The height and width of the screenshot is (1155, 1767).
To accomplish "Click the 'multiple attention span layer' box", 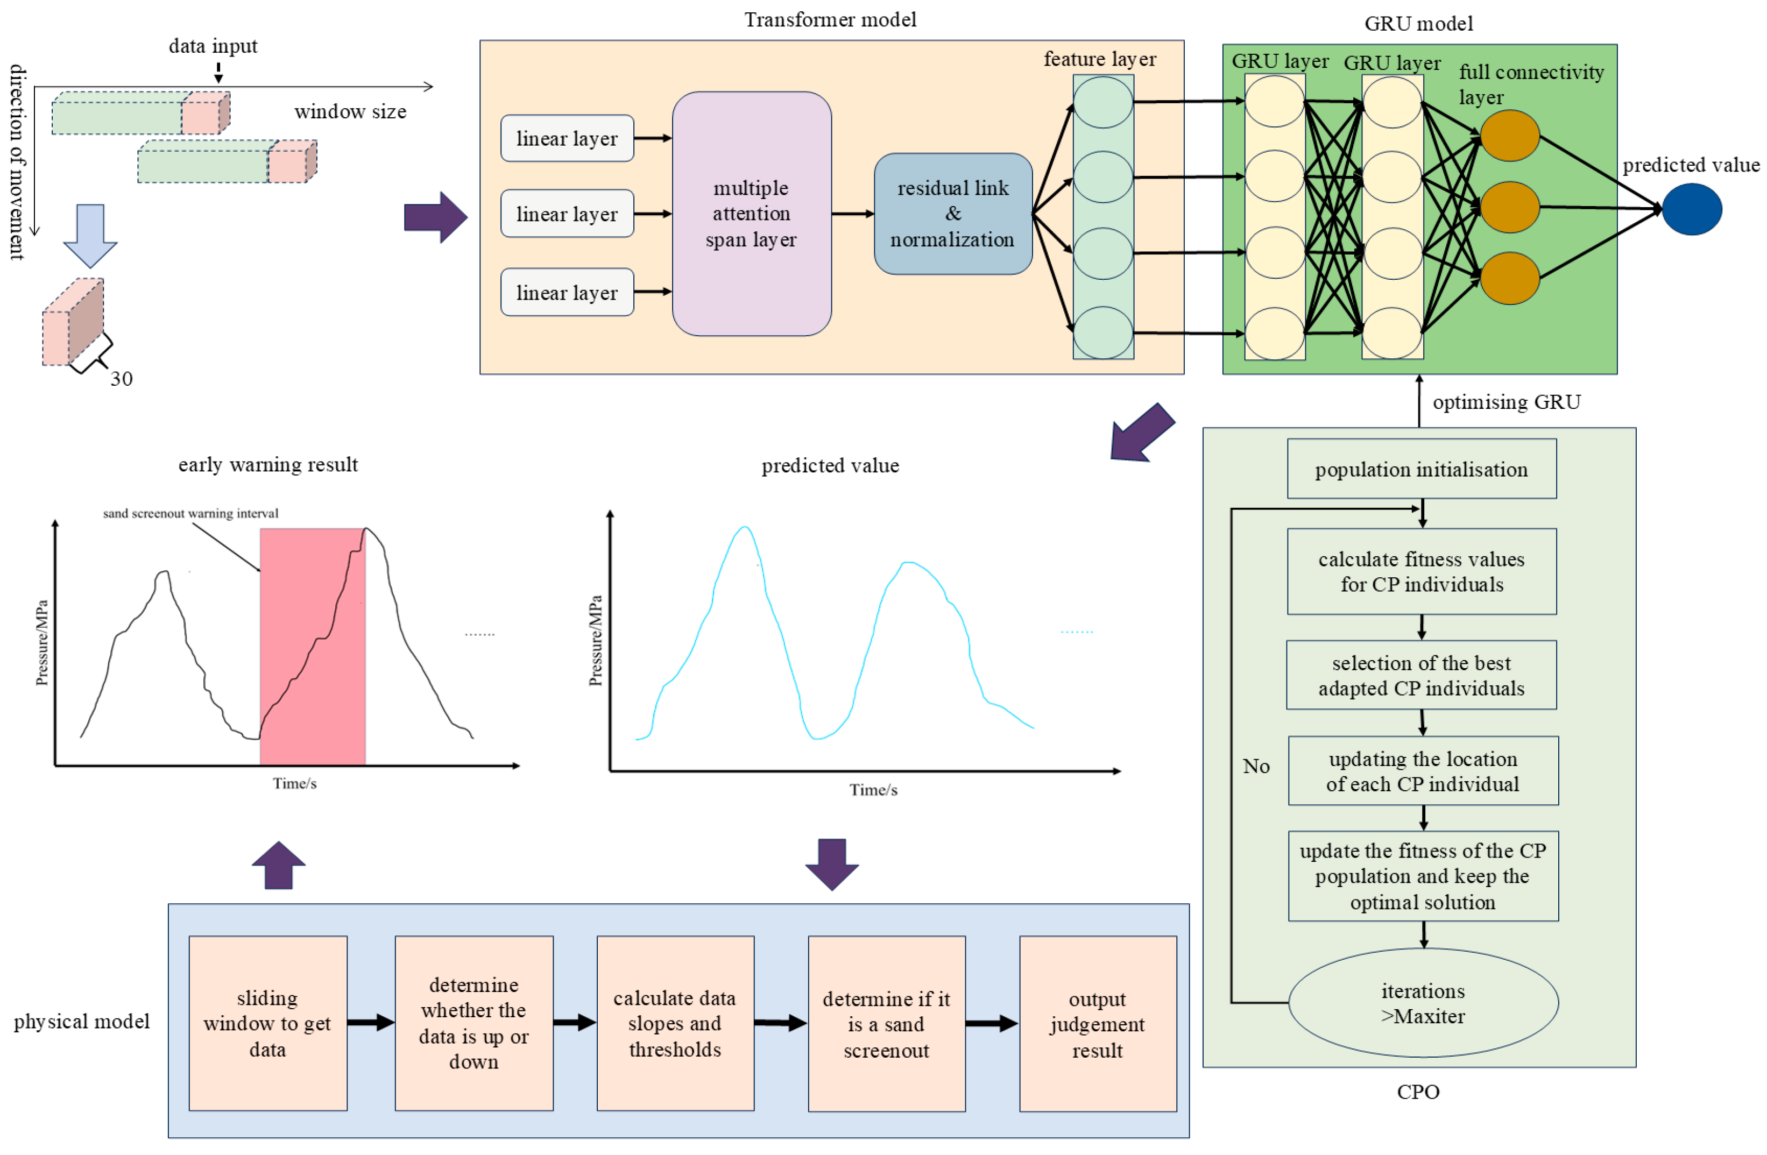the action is pos(751,214).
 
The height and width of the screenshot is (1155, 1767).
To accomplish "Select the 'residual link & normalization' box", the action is pos(953,214).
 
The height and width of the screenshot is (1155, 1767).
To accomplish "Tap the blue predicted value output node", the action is pos(1692,209).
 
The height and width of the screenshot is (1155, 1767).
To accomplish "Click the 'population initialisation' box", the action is pos(1422,469).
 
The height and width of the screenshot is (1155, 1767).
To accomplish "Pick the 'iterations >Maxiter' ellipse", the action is pos(1423,1003).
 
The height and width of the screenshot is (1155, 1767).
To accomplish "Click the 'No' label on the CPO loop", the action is pos(1256,766).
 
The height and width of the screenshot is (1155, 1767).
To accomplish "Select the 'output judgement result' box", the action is pos(1098,1024).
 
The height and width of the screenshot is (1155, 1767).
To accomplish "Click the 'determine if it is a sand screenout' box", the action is pos(887,1024).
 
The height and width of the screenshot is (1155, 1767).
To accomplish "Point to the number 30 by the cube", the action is pos(122,379).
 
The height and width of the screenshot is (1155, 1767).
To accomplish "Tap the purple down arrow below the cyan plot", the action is pos(832,864).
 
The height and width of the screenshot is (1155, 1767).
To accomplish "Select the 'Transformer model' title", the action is pos(831,19).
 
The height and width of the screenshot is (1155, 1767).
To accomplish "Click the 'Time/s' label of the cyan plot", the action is pos(873,790).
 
